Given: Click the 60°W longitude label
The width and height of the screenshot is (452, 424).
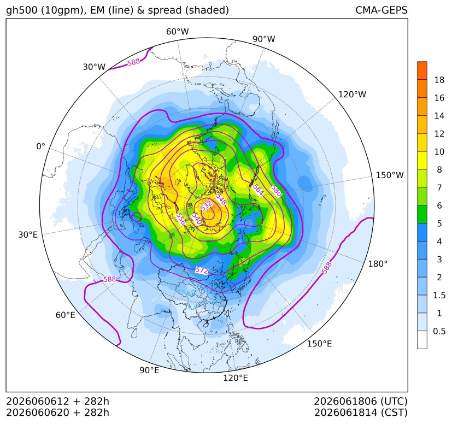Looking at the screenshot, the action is click(177, 32).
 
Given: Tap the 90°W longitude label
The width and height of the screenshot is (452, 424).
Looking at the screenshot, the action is click(264, 39).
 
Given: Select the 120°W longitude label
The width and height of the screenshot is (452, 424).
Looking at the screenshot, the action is click(352, 95).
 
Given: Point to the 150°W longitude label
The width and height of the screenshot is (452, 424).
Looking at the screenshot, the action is click(390, 175).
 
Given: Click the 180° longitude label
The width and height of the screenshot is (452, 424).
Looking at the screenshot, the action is click(378, 264).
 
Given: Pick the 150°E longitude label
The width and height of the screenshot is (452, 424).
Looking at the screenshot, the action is click(319, 344).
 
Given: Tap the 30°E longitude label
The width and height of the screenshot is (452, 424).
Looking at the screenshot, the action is click(28, 234).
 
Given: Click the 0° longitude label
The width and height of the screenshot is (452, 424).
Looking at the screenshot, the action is click(40, 146).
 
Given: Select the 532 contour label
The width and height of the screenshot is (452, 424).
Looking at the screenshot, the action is click(207, 206).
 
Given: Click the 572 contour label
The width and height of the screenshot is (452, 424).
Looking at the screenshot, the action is click(202, 270).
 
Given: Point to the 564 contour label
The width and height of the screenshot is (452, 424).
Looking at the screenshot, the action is click(258, 190).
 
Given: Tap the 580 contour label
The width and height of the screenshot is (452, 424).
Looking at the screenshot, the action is click(276, 191).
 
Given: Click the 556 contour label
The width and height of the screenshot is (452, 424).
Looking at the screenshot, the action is click(181, 219).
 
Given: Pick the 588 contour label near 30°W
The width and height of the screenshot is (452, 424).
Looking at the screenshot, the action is click(134, 62).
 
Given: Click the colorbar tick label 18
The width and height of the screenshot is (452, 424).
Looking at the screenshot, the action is click(439, 80).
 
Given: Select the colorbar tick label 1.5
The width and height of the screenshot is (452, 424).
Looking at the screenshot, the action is click(439, 295).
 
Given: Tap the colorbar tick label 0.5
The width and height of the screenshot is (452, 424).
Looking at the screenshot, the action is click(439, 331).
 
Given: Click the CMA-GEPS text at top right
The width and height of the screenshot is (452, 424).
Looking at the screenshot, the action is click(381, 10).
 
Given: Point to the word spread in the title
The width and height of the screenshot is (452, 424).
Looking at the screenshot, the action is click(165, 10).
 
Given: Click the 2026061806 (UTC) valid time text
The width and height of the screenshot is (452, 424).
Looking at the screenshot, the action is click(361, 401).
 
